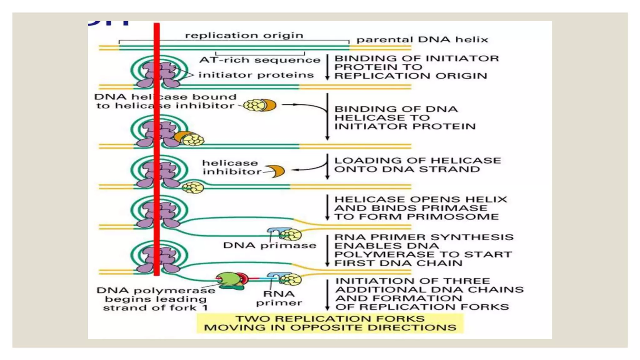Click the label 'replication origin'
pos(244,35)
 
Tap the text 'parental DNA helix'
pos(422,40)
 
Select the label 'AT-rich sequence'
pos(260,60)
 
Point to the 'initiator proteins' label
pos(256,75)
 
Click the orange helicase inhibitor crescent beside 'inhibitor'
pos(277,171)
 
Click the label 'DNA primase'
pos(269,245)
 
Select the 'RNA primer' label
pos(279,298)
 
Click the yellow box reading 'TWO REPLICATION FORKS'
pos(330,323)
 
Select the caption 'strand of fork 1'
pos(155,308)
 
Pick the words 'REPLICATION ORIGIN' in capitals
pos(411,76)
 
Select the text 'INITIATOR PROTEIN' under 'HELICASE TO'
pos(405,126)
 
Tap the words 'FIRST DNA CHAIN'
pos(398,263)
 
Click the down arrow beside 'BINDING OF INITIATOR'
pos(327,67)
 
